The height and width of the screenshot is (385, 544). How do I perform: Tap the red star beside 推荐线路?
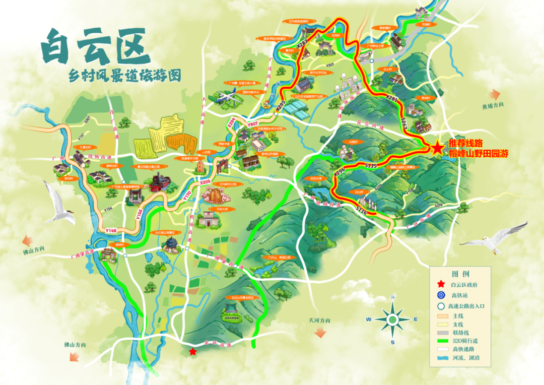[x=437, y=148]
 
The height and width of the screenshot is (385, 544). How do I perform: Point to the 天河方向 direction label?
[x=320, y=320]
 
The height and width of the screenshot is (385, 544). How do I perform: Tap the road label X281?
[x=391, y=99]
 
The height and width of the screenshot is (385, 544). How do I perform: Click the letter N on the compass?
[x=392, y=297]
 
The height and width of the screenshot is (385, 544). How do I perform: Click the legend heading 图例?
[x=460, y=274]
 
